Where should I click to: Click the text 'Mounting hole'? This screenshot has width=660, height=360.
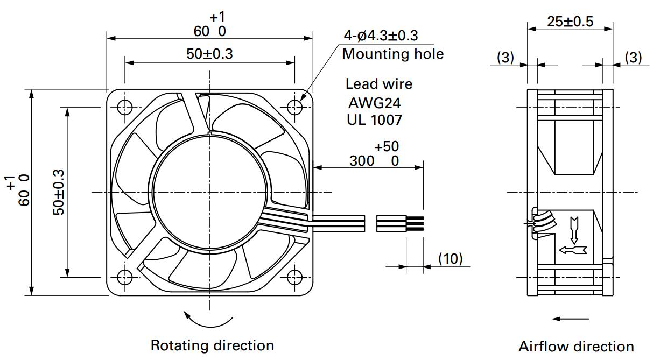[393, 54]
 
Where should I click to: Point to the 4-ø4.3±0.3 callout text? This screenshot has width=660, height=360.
[381, 36]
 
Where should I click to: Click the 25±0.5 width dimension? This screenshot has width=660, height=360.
[570, 22]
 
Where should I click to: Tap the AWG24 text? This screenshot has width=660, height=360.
[374, 103]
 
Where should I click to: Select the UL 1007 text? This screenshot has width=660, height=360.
[374, 120]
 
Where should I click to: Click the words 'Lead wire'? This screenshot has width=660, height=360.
[379, 84]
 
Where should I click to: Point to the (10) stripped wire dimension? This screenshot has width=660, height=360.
[450, 259]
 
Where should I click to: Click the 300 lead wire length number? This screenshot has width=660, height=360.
[362, 161]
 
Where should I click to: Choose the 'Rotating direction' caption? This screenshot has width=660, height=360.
[212, 345]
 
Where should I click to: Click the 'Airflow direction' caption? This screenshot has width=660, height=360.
[576, 347]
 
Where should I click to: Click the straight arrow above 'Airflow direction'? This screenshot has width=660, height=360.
[571, 319]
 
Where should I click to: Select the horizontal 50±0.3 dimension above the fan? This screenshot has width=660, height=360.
[209, 54]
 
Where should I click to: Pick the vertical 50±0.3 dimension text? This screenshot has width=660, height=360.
[58, 192]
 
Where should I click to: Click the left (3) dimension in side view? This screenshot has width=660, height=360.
[505, 57]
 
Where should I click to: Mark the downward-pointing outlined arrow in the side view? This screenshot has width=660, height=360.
[574, 230]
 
